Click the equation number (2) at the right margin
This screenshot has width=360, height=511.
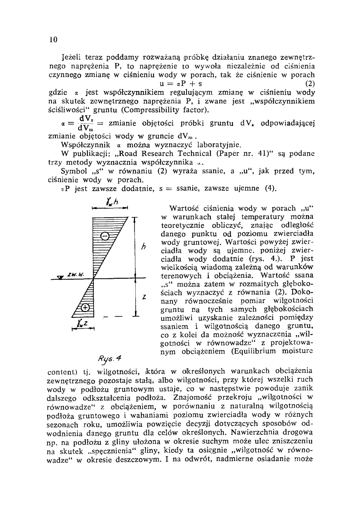pyautogui.click(x=310, y=85)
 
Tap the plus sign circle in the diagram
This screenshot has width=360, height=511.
pyautogui.click(x=85, y=307)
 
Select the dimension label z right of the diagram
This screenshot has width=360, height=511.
pyautogui.click(x=144, y=297)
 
